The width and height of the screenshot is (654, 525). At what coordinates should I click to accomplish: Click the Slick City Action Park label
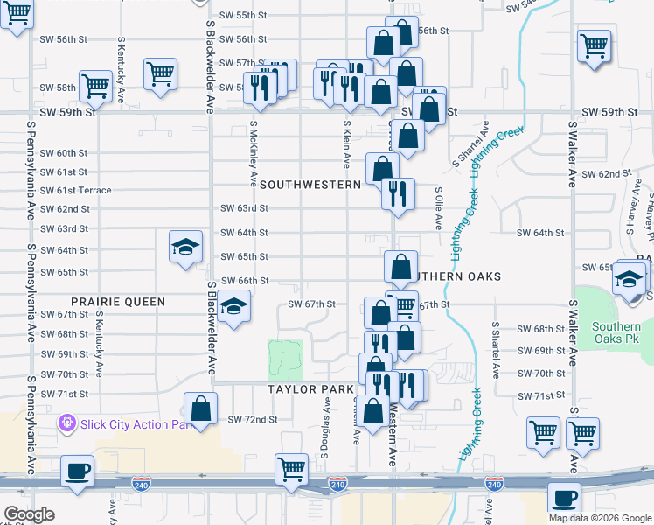click(x=136, y=425)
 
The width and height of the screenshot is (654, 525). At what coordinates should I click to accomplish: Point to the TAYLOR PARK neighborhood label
click(x=310, y=388)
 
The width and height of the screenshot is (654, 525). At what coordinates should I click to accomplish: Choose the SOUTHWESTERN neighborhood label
click(x=310, y=185)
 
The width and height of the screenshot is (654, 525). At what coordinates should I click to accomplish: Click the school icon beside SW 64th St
click(x=185, y=247)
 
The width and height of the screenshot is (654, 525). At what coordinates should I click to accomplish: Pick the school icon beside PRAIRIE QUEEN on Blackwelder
click(x=233, y=307)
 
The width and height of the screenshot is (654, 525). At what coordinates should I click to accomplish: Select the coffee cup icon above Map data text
click(x=565, y=497)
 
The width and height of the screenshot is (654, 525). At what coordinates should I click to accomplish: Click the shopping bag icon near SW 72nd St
click(x=201, y=409)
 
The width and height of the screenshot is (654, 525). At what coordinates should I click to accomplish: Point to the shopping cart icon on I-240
click(x=291, y=468)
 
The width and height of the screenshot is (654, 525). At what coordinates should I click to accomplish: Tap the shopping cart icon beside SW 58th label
click(x=95, y=85)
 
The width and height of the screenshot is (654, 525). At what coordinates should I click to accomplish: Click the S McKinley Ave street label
click(x=253, y=154)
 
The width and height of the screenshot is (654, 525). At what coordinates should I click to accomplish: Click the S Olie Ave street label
click(x=438, y=207)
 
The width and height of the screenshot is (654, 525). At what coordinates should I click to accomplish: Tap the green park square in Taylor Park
click(x=285, y=360)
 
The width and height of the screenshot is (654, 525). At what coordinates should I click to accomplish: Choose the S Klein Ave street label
click(x=347, y=145)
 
